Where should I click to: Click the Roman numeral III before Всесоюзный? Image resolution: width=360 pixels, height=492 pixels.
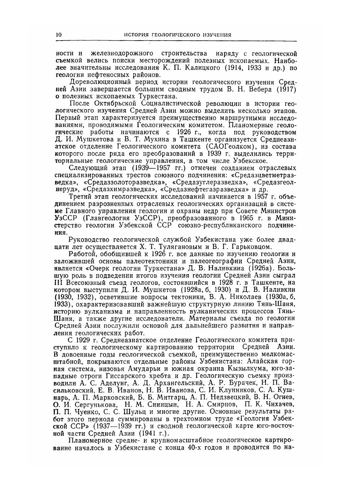59,282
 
